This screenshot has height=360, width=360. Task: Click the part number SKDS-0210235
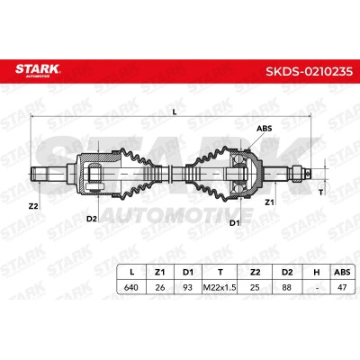click(309, 71)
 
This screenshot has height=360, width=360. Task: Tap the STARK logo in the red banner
click(38, 70)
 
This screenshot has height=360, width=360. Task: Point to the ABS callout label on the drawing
click(264, 129)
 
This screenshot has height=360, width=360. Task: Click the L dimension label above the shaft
click(175, 112)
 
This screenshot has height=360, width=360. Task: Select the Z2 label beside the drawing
click(33, 206)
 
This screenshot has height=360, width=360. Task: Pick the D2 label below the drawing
click(92, 219)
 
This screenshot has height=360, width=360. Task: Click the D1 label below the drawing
click(234, 223)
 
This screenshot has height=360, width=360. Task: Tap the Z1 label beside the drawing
click(269, 202)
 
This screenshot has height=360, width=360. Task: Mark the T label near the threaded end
click(321, 193)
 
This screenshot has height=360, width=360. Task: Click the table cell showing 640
click(131, 287)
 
